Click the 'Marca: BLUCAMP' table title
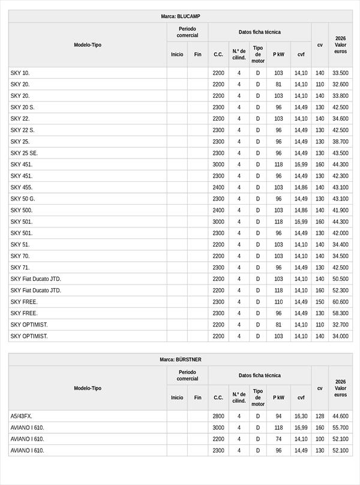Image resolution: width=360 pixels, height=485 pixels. coord(180,16)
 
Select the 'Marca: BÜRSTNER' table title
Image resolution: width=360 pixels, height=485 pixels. coord(180,360)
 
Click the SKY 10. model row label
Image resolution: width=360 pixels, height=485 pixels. coord(20,73)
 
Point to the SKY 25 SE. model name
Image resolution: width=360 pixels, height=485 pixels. coord(24,153)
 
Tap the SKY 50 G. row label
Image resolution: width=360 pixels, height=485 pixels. coord(23,199)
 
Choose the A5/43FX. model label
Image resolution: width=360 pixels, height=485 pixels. coord(22,416)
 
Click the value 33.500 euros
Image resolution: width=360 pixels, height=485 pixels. coord(340,73)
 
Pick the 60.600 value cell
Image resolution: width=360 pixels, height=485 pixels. coord(340,302)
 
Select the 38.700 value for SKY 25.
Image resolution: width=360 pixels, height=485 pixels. coord(340,142)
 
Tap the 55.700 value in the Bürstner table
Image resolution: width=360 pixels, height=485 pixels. coord(340,427)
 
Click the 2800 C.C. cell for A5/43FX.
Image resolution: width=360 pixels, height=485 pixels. coord(218,416)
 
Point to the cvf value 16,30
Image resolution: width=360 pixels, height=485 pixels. coord(301,416)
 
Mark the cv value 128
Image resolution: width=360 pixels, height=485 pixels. coord(320,416)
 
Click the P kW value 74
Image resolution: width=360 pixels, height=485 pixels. coord(278,439)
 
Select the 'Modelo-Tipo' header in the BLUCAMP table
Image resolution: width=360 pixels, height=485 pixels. coord(88,45)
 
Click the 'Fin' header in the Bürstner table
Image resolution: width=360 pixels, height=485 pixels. coord(197,397)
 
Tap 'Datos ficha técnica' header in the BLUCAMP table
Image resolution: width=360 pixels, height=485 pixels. coord(259,32)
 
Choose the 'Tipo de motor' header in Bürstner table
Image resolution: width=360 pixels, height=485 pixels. coord(258,397)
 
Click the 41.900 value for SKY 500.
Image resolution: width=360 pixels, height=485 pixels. coord(340,210)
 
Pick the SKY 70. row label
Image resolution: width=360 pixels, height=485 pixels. coord(20,256)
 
